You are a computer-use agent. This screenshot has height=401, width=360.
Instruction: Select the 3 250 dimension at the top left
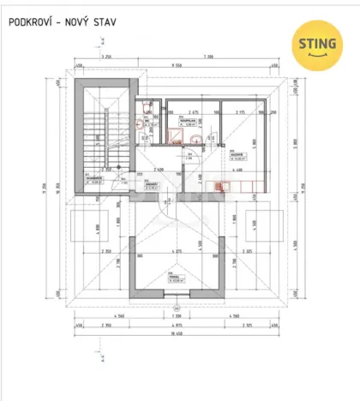click(x=106, y=57)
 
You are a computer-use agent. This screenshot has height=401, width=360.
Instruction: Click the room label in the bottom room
click(x=176, y=276)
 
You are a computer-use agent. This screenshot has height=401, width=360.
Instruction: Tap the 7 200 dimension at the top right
click(x=231, y=57)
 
